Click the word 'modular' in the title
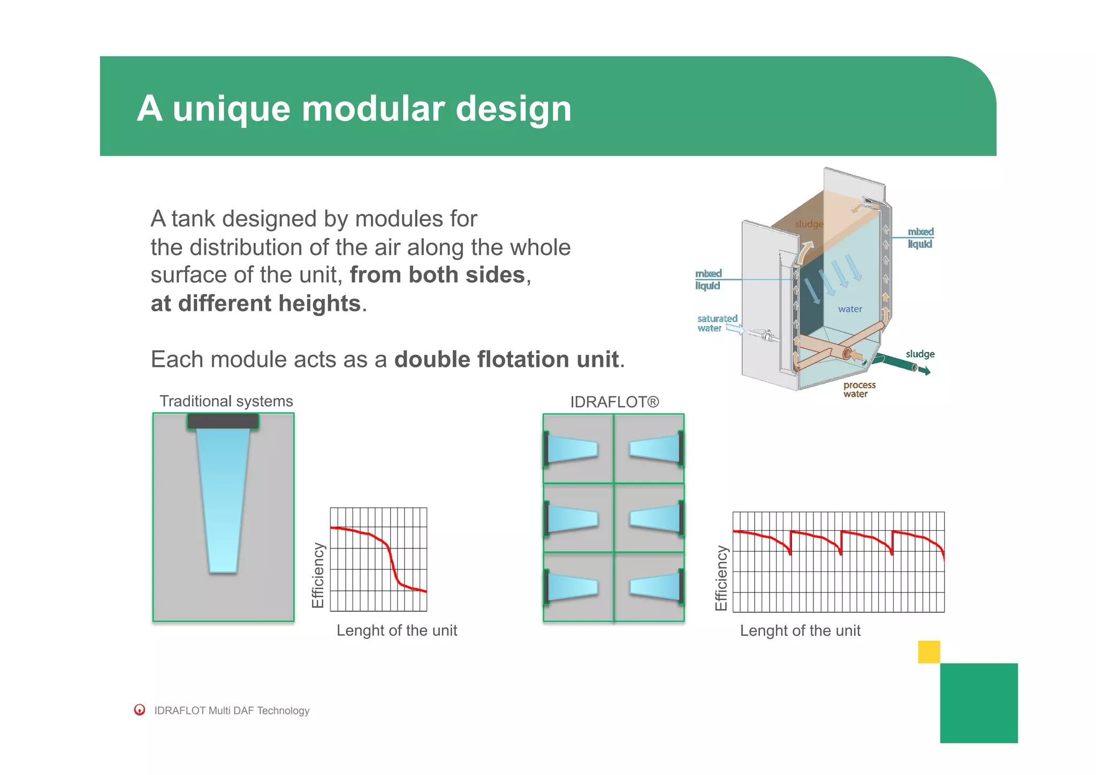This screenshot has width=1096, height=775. point(372,109)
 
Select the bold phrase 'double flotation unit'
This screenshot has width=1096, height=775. point(506,359)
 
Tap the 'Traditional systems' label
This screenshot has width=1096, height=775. point(226,401)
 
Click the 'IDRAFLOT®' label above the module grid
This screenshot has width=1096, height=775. point(614,402)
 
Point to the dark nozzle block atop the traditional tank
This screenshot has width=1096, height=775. point(223,421)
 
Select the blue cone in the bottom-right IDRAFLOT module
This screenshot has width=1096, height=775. point(654,587)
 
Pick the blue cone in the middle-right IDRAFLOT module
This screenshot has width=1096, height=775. point(654,518)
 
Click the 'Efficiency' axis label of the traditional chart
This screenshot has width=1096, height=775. point(318,575)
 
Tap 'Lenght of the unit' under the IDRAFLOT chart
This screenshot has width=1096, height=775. point(800,631)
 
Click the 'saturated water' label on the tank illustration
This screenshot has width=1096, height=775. point(717,323)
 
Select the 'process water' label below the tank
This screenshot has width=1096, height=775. point(859,389)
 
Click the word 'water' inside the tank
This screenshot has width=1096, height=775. point(850,309)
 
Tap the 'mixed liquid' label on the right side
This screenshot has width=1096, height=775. point(920,238)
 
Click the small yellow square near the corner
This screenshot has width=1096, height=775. point(928,652)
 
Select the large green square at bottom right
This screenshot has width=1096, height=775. point(978,703)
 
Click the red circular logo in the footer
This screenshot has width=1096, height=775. point(140,710)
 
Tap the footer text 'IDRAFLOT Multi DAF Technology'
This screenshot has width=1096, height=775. point(232,711)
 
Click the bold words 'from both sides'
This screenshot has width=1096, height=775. point(437,275)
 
